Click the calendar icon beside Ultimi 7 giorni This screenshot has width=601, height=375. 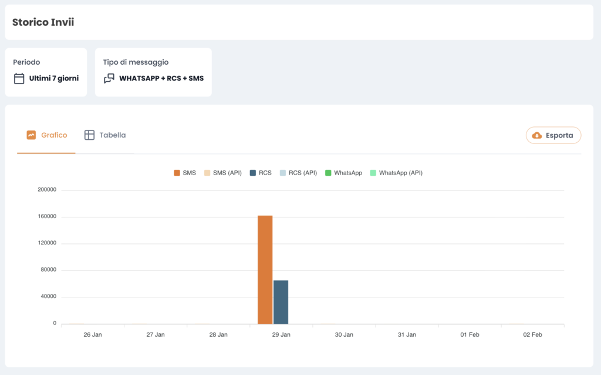click(x=19, y=78)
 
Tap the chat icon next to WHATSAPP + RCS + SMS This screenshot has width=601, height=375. click(x=109, y=78)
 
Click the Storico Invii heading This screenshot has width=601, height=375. click(x=43, y=22)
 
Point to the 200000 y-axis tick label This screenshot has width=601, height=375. click(x=46, y=190)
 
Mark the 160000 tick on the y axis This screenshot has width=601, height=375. click(x=46, y=216)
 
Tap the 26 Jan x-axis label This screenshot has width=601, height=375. click(x=93, y=334)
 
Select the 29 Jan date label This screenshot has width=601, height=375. click(x=281, y=334)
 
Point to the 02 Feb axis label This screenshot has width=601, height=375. click(x=532, y=334)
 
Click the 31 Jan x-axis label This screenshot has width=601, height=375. click(x=407, y=334)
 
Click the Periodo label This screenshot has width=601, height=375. click(x=26, y=62)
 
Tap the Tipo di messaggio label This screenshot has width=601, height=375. click(x=136, y=62)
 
